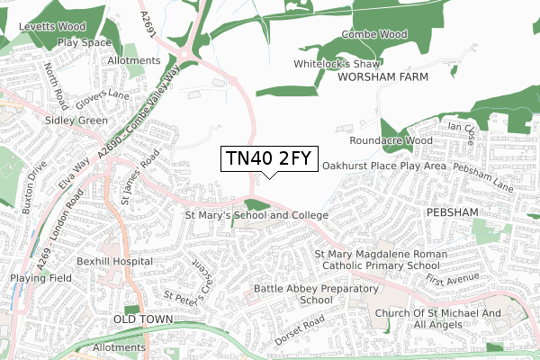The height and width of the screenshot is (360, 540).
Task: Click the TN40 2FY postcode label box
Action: click(268, 158)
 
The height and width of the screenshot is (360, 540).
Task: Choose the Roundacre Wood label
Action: click(391, 141)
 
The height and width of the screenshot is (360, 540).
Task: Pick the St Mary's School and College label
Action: click(256, 216)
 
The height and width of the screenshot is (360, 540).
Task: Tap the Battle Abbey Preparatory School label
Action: click(303, 293)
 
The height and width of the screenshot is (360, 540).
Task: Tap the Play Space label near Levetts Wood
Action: click(83, 42)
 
